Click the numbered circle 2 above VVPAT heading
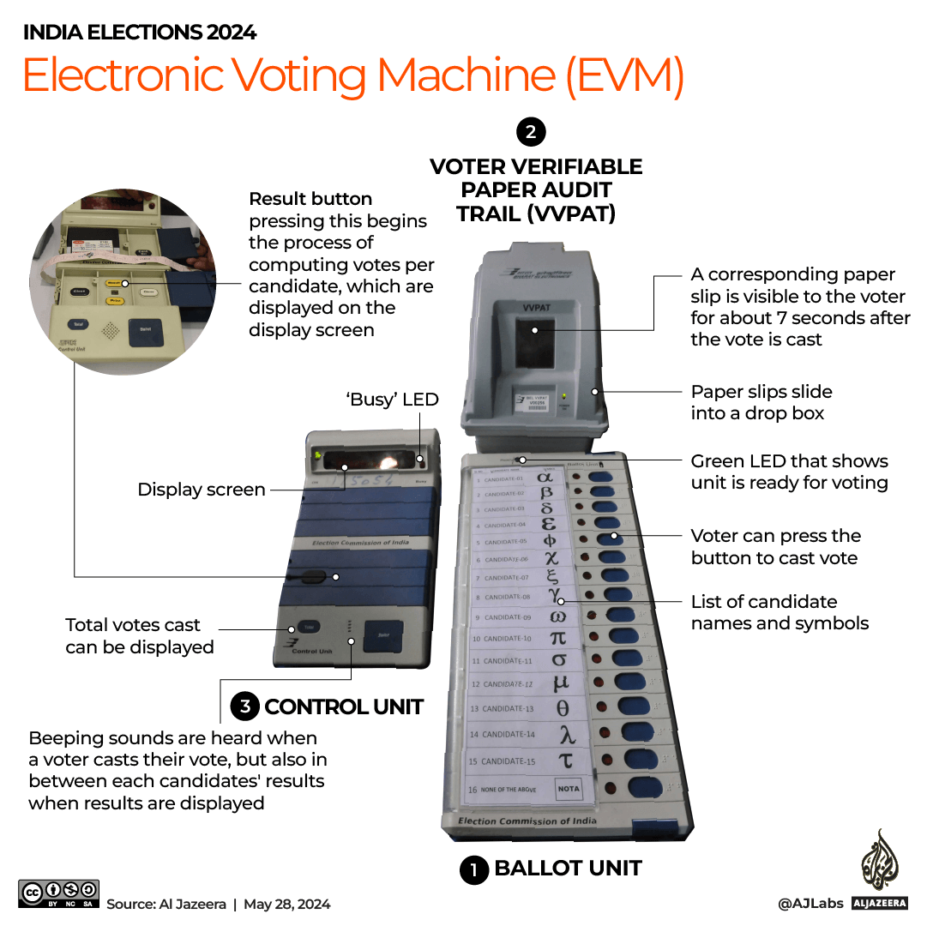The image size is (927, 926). tap(531, 132)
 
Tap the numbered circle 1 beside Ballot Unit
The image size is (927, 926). tap(473, 870)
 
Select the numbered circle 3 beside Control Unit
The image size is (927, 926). tap(245, 707)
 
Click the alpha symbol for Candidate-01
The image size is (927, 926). tap(545, 476)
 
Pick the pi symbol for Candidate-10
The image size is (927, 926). tap(557, 637)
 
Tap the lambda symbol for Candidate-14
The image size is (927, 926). tap(567, 734)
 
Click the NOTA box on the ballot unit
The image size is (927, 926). tap(568, 789)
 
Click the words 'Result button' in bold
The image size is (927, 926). tap(310, 199)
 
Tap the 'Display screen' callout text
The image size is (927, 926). tap(202, 490)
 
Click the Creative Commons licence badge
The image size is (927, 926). tap(59, 893)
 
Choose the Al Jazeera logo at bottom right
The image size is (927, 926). tap(880, 866)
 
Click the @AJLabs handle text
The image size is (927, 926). tap(810, 904)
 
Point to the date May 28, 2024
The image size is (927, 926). tap(286, 904)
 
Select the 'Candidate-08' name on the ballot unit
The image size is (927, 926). tap(508, 597)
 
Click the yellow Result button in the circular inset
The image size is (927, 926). tap(113, 283)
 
